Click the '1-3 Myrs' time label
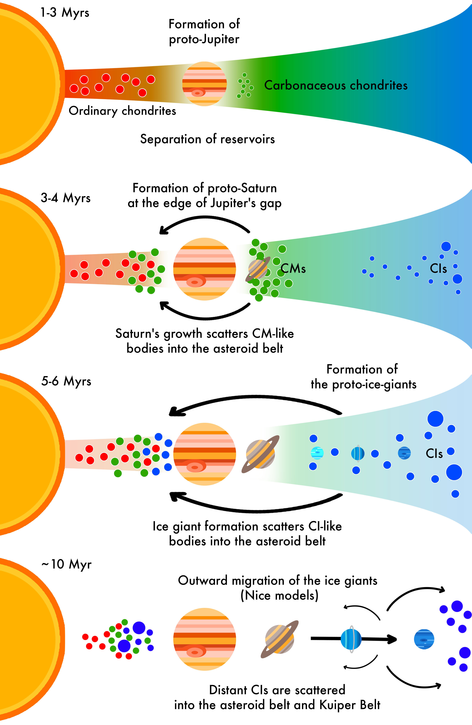tap(65, 13)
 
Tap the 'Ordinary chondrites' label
tap(122, 111)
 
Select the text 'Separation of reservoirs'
tap(207, 139)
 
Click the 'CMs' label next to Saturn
tap(293, 268)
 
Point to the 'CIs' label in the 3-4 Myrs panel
tap(438, 268)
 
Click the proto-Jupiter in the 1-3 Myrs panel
tap(204, 84)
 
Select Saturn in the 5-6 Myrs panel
tap(260, 454)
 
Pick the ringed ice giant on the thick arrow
tap(351, 639)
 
